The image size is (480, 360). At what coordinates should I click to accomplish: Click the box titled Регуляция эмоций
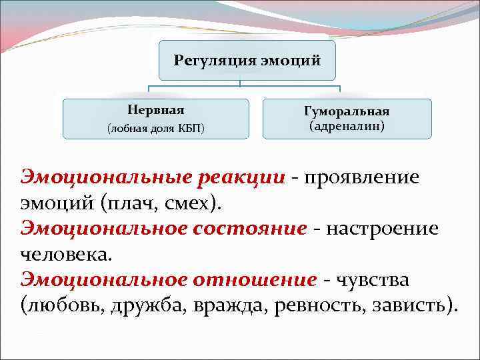tap(247, 61)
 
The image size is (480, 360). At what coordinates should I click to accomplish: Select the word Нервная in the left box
tap(155, 110)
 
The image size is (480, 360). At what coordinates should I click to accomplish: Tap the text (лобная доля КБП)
tap(155, 127)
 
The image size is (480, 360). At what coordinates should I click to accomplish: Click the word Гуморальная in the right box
tap(347, 111)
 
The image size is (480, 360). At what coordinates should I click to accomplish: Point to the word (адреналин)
tap(347, 125)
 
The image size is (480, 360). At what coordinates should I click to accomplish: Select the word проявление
tap(361, 177)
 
